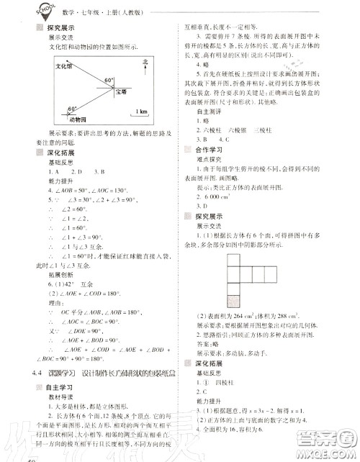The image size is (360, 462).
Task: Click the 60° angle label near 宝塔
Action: coord(109,81)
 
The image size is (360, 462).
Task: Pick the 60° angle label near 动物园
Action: coord(72,109)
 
